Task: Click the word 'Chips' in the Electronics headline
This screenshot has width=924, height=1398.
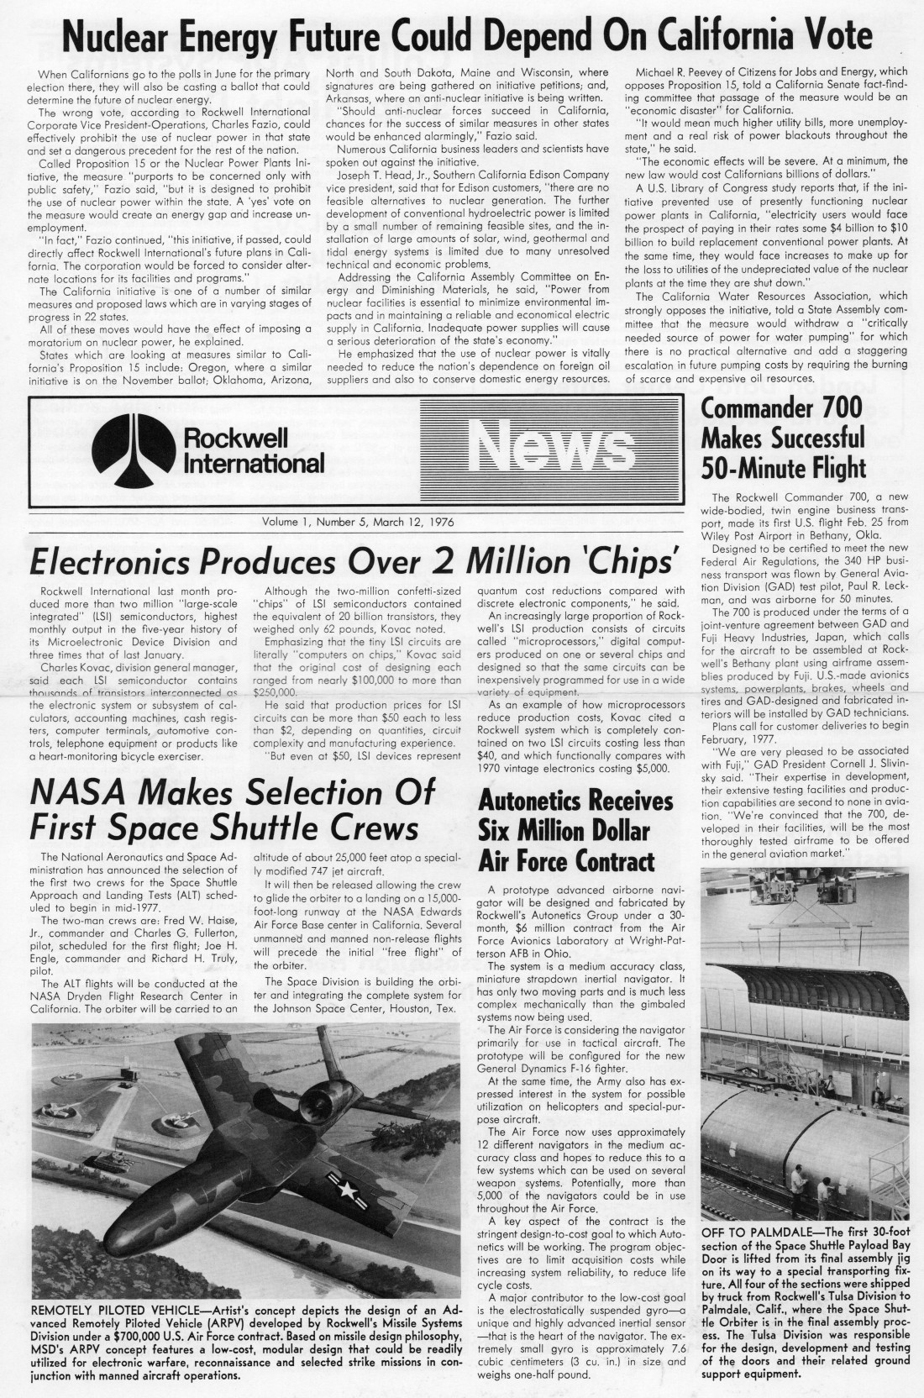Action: coord(629,560)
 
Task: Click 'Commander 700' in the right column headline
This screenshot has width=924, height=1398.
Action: coord(781,408)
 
